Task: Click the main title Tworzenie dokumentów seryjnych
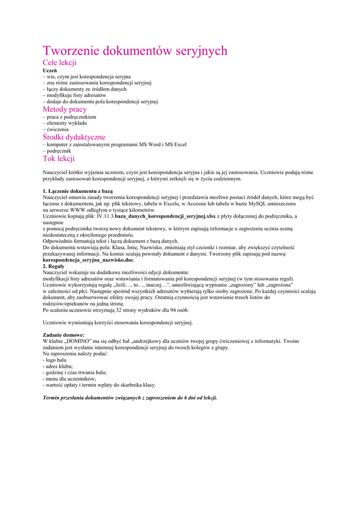(135, 50)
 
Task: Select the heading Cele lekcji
(59, 63)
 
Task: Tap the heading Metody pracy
(65, 109)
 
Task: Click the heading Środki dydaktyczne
(74, 137)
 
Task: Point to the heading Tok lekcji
(59, 159)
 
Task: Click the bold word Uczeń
(50, 71)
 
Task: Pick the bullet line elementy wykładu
(67, 123)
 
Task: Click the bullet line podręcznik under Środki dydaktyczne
(59, 151)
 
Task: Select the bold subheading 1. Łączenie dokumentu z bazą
(78, 191)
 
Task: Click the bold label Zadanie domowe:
(64, 335)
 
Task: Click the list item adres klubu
(57, 366)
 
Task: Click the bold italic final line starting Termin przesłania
(130, 398)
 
